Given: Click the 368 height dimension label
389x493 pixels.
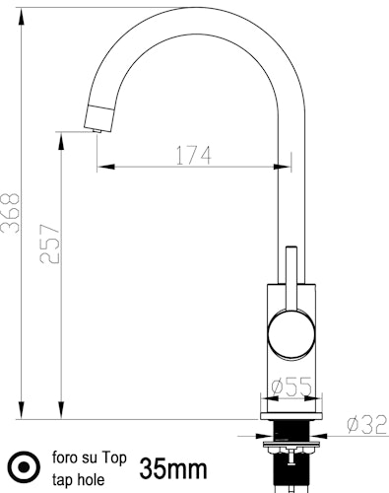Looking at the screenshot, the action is point(10,213).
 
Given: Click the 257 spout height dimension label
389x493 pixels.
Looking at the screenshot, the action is point(50,244).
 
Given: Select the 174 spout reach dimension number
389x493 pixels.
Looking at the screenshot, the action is point(194,156).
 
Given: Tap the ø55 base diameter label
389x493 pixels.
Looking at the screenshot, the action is point(292,387).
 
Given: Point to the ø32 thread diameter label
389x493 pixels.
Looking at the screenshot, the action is point(367,425).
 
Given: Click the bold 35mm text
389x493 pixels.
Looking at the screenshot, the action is point(173,469).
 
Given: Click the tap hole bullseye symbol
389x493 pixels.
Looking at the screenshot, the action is point(24,466).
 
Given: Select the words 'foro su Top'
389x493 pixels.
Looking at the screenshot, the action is point(90,458).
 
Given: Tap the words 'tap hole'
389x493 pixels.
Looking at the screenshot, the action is point(79,480).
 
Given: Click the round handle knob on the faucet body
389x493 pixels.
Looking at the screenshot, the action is point(292,334).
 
